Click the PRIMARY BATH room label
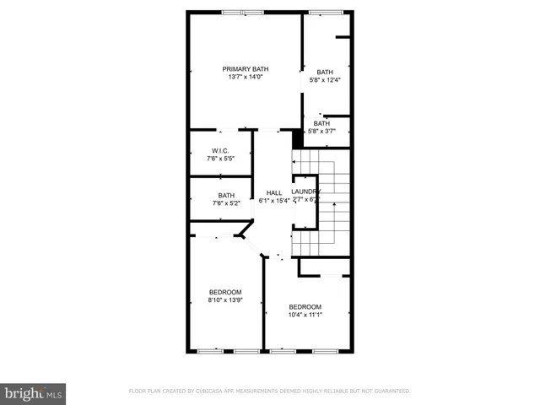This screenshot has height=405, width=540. pos(246,68)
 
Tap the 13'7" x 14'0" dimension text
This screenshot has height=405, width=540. pos(246,77)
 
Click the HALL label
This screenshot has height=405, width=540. pos(274,192)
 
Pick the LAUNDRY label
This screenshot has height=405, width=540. pos(305,192)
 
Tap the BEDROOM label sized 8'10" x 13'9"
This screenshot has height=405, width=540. pos(225,292)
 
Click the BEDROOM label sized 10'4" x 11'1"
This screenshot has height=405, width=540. pos(305,306)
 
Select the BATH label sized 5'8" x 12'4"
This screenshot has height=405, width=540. pos(325,72)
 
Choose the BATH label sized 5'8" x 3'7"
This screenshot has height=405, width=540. pos(321,123)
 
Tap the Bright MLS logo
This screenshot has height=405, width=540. pos(34,392)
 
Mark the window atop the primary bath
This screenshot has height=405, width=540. pos(243,12)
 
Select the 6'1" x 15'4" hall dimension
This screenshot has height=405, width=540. pos(274,201)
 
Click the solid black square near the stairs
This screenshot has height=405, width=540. pos(297,137)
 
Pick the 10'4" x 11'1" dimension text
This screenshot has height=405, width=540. pos(305,315)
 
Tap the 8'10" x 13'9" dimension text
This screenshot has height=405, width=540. pos(225,300)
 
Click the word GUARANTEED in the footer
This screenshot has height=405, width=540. pos(391,391)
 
